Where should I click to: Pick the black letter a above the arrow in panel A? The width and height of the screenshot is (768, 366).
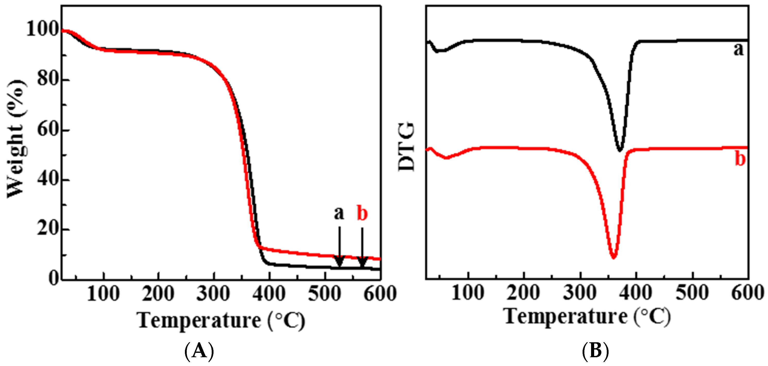point(339,213)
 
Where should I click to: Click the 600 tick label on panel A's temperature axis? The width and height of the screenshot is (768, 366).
point(380,294)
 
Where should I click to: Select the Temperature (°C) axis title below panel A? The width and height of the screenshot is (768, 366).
point(221,321)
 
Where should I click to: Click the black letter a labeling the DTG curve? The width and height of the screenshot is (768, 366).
point(738,50)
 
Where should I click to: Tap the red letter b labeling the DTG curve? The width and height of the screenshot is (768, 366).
point(740,159)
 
